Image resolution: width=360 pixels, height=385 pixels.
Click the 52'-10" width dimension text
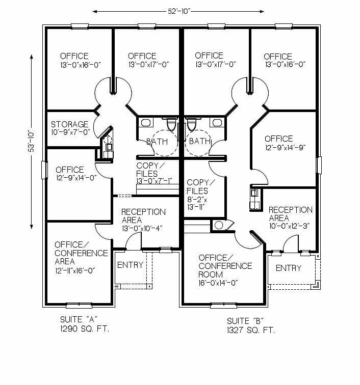click(x=179, y=11)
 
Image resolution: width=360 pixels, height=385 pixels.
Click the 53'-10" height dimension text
click(x=32, y=141)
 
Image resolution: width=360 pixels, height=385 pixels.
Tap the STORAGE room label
click(x=69, y=124)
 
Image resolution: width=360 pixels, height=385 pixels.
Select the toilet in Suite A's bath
click(x=171, y=124)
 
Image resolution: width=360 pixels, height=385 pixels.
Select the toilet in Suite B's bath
click(x=191, y=124)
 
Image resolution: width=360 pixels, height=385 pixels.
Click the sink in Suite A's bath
click(x=146, y=123)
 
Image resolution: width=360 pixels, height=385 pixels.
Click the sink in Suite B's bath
click(x=217, y=123)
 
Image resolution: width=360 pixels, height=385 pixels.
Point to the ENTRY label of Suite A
click(x=130, y=265)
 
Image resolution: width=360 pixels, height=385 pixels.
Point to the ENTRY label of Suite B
click(x=289, y=268)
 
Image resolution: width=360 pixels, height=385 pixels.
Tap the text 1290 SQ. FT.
click(x=85, y=329)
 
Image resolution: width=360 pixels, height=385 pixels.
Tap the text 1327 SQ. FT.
click(x=251, y=330)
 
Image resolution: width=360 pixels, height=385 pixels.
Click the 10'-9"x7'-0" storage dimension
click(x=70, y=132)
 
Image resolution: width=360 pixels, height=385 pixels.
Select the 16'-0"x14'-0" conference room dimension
click(x=218, y=283)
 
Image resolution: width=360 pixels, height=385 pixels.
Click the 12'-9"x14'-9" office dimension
click(x=285, y=147)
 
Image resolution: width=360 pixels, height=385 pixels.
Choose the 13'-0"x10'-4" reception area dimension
click(x=142, y=228)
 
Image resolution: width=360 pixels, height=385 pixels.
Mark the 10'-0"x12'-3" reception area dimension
click(x=289, y=226)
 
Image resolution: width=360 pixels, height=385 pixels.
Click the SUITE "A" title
click(x=79, y=319)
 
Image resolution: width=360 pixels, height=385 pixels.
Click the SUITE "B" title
click(x=245, y=321)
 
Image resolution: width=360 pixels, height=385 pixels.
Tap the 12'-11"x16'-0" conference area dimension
click(x=75, y=270)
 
